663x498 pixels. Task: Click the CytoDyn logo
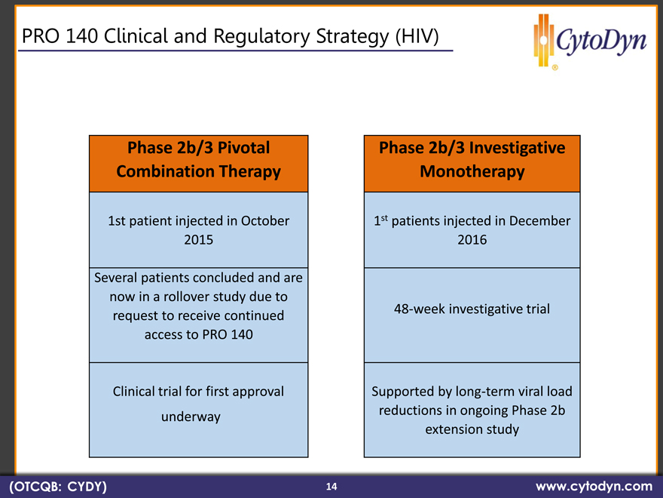click(x=590, y=41)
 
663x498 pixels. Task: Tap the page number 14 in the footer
click(x=331, y=486)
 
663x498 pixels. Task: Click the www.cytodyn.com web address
click(x=594, y=486)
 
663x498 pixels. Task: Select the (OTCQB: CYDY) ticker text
click(x=58, y=486)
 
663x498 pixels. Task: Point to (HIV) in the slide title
click(x=417, y=36)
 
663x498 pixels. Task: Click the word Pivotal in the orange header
click(x=244, y=148)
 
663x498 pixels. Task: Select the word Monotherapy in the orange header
click(x=472, y=172)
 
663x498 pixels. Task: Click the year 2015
click(x=199, y=240)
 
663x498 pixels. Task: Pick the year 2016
click(x=472, y=240)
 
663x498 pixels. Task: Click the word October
click(x=265, y=220)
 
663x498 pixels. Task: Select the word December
click(x=539, y=220)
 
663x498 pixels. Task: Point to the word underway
click(x=191, y=417)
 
